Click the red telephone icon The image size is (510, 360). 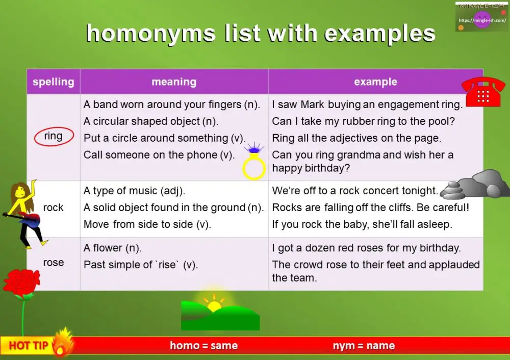482,92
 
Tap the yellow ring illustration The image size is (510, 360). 253,169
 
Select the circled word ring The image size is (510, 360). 54,136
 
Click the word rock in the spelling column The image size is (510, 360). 54,208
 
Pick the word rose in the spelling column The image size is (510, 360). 54,263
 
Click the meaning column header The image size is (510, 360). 174,82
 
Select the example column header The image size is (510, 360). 375,82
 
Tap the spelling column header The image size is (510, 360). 54,82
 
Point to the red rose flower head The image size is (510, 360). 21,283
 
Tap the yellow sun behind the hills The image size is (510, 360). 214,305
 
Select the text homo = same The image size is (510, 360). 203,346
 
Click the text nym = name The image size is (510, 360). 364,346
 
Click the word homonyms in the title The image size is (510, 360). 151,34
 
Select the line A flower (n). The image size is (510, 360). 113,248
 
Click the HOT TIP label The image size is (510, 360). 29,346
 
